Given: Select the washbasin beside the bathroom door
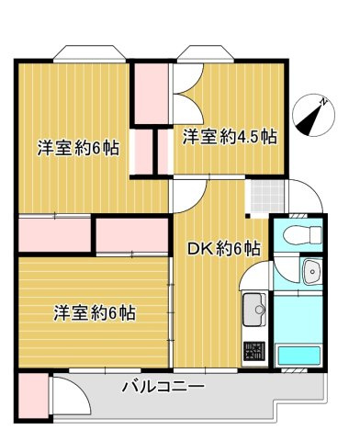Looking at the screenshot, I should pos(310,273).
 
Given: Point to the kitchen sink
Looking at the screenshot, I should pos(253,311).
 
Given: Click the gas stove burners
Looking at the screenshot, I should pos(253,350).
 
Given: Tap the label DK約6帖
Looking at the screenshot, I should pos(223,249).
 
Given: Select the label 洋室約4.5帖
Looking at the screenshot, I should pos(229,137).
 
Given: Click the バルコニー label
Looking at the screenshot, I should pos(163,388).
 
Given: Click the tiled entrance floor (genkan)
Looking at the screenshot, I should pos(263,195).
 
